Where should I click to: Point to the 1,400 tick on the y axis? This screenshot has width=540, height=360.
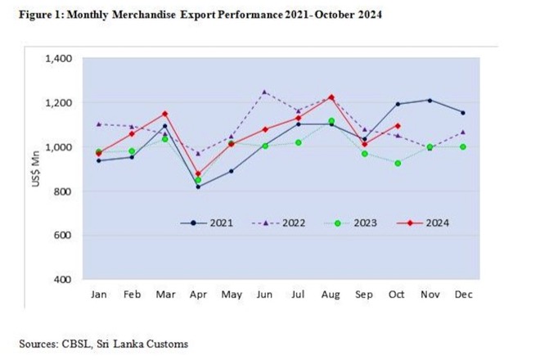tap(60, 59)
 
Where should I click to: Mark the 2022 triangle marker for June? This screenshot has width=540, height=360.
tap(263, 92)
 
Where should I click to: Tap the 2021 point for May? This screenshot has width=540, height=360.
tap(232, 172)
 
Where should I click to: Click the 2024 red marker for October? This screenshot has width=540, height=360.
tap(398, 126)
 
